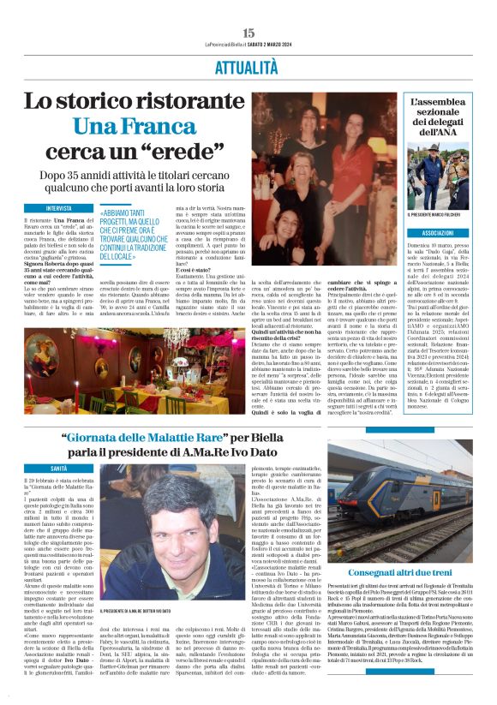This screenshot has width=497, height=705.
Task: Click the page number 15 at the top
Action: (x=248, y=33)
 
